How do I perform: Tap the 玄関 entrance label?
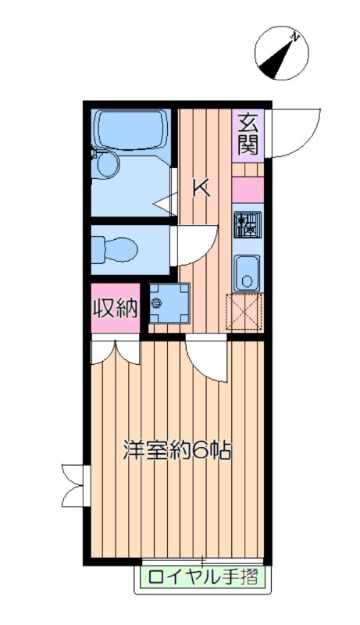pyautogui.click(x=248, y=134)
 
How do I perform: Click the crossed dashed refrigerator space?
pyautogui.click(x=245, y=313)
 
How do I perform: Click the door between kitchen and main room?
pyautogui.click(x=207, y=359)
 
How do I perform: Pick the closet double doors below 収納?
pyautogui.click(x=114, y=352)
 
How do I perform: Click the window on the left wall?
pyautogui.click(x=74, y=484)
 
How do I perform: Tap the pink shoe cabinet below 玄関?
pyautogui.click(x=248, y=190)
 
